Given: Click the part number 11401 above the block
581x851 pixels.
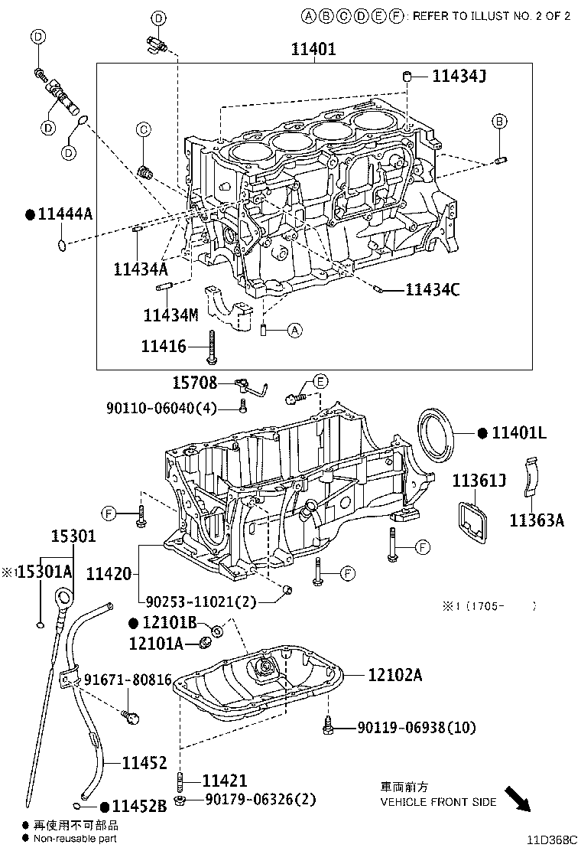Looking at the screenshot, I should pyautogui.click(x=313, y=50).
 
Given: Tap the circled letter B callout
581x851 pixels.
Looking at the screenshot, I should pyautogui.click(x=498, y=121).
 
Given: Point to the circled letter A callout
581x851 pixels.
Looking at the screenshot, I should pyautogui.click(x=295, y=331).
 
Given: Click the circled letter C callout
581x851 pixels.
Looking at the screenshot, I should pyautogui.click(x=143, y=130).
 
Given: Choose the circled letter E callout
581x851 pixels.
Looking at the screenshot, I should pyautogui.click(x=320, y=381).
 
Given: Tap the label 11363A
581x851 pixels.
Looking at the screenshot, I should pyautogui.click(x=537, y=520).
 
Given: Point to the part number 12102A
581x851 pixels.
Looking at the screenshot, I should pyautogui.click(x=394, y=674).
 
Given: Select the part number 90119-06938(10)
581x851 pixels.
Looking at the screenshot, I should pyautogui.click(x=406, y=728).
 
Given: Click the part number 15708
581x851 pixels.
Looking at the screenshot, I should pyautogui.click(x=193, y=383).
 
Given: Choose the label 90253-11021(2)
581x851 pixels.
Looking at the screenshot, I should pyautogui.click(x=198, y=602).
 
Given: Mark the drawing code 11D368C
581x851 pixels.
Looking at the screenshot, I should pyautogui.click(x=550, y=840).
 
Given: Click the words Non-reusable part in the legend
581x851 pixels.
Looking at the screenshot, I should pyautogui.click(x=76, y=839).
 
